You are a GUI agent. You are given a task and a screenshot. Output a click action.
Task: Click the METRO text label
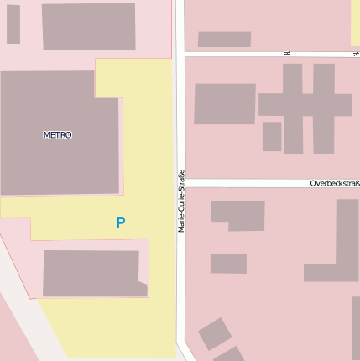[x=57, y=134]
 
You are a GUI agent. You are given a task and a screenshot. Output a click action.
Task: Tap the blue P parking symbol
[x=121, y=223]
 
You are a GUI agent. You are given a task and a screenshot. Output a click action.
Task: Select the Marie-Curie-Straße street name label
[x=181, y=201]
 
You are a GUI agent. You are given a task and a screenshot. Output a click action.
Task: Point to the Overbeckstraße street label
[x=334, y=183]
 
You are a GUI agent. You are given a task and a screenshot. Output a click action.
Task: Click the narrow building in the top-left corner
[x=13, y=24]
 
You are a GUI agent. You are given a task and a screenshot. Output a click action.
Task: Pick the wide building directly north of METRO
[x=88, y=26]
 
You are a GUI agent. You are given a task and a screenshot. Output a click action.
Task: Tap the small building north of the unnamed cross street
[x=224, y=39]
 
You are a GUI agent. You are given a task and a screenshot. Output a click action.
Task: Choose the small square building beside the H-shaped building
[x=272, y=136]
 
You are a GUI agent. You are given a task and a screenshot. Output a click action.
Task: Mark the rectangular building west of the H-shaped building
[x=224, y=104]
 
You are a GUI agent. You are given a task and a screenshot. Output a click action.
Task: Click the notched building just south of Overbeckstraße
[x=238, y=215]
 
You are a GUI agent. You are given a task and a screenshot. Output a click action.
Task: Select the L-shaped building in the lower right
[x=340, y=252]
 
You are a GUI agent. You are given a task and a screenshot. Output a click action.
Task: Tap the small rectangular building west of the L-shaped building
[x=228, y=264]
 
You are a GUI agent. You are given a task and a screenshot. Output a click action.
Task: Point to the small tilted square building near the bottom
[x=215, y=333]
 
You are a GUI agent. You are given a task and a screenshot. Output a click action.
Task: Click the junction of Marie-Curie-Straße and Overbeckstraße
[x=180, y=183]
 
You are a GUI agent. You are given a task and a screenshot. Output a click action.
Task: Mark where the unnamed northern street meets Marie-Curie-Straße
[x=179, y=54]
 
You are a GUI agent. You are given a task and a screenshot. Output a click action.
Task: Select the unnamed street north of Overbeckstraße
[x=269, y=54]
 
